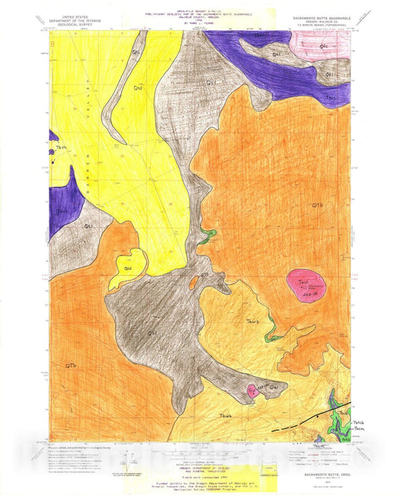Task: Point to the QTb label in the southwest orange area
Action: [x=71, y=365]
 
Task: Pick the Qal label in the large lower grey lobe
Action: [x=152, y=333]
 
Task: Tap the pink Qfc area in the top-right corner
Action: [x=326, y=46]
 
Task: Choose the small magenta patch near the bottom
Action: [x=253, y=390]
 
